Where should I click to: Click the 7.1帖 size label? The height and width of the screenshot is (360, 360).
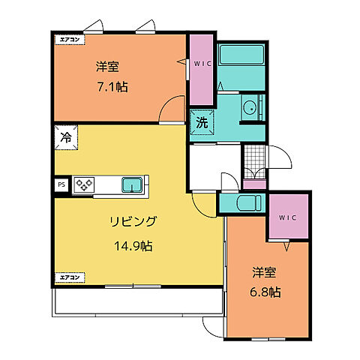pyautogui.click(x=112, y=86)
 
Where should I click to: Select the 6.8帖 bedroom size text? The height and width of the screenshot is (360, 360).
pyautogui.click(x=266, y=291)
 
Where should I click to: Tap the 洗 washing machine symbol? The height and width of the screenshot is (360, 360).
pyautogui.click(x=202, y=121)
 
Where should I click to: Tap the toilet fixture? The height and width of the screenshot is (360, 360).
pyautogui.click(x=246, y=202)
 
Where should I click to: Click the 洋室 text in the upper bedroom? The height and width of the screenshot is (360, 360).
pyautogui.click(x=108, y=67)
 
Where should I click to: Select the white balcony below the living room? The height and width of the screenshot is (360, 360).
pyautogui.click(x=137, y=299)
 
